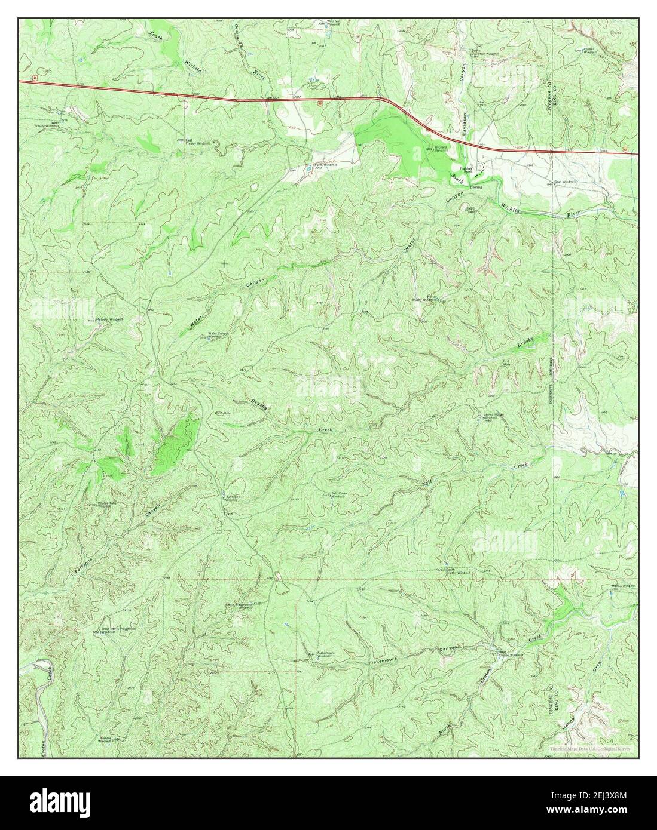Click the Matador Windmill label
(110, 319)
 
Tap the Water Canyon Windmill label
(218, 335)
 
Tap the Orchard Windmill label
(441, 150)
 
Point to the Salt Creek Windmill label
(335, 495)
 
